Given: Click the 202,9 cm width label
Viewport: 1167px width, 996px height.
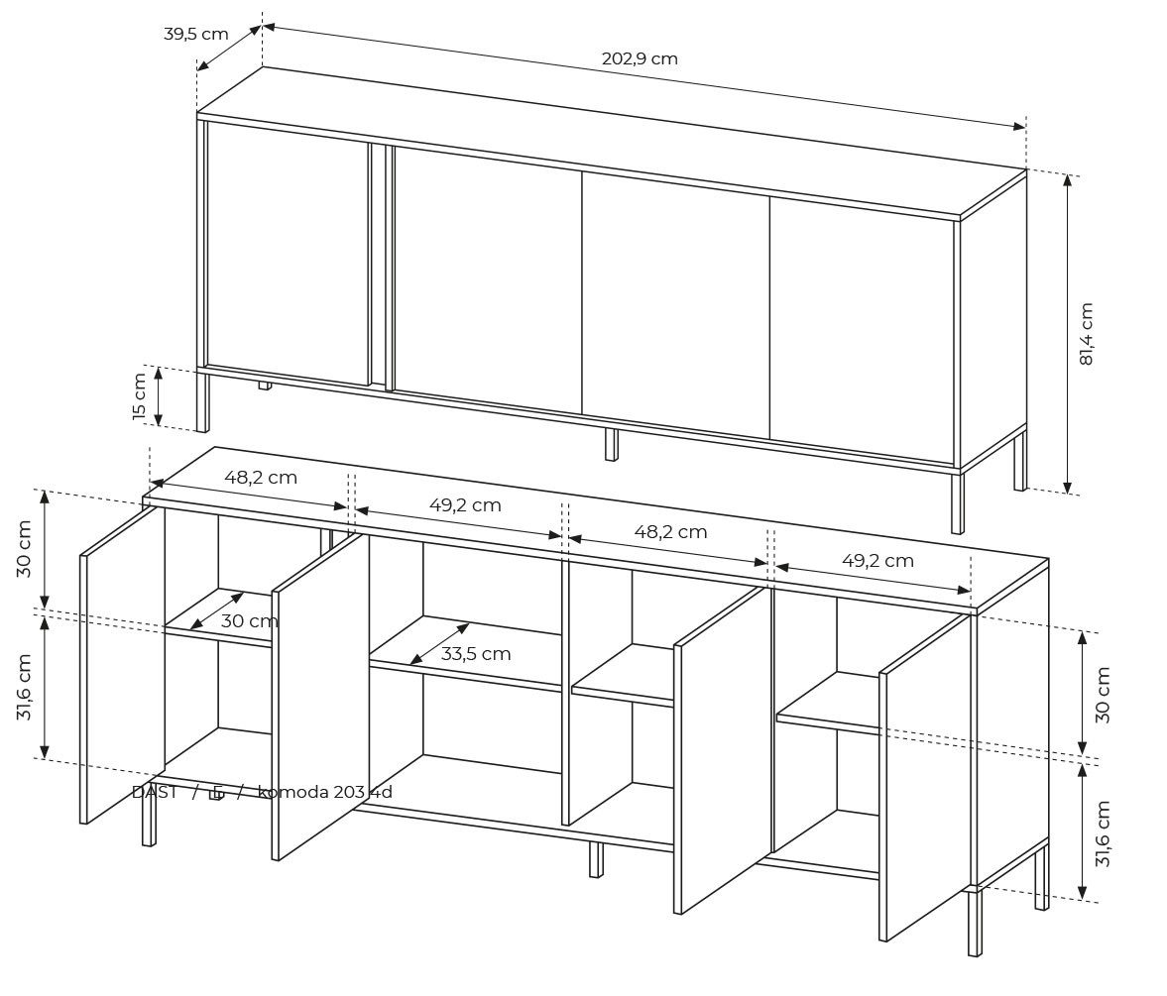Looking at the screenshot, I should coord(640,58).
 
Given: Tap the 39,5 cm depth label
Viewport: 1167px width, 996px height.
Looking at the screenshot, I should coord(195,34).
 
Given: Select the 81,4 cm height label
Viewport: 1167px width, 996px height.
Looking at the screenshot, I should coord(1086,334).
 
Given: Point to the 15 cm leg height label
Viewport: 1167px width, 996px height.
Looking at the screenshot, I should coord(140,396).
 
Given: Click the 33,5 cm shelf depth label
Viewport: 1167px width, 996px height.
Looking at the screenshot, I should coord(476,653).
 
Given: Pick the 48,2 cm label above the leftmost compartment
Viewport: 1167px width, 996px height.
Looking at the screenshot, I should coord(260,477).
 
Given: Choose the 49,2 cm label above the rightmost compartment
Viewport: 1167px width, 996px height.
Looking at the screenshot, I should coord(877,560).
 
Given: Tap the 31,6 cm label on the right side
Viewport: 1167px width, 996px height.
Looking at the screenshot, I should coord(1104,833).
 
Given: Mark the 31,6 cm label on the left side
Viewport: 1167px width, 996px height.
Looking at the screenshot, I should coord(25,686).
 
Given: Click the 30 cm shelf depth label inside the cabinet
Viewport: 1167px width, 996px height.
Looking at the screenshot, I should coord(249,621).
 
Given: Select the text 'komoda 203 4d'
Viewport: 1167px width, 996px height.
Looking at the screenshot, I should coord(325,792).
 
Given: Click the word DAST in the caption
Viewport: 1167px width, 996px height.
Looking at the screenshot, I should coord(154,792).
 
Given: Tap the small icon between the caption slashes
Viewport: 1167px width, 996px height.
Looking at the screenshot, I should coord(216,793).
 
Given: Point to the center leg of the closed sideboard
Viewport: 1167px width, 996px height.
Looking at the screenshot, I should coord(611,444).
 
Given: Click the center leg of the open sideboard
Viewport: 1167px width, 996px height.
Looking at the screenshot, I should coord(595,858).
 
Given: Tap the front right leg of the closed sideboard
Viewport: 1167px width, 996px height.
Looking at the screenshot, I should coord(957,502).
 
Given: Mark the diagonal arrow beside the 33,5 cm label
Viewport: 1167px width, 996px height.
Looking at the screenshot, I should coord(439,644).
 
